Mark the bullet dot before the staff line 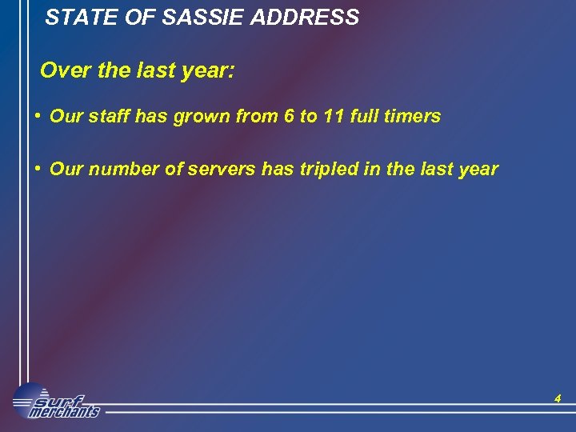coord(38,116)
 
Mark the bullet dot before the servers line coord(38,169)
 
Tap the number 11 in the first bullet coord(333,117)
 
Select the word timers coord(411,117)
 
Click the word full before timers coord(363,117)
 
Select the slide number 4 coord(558,398)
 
